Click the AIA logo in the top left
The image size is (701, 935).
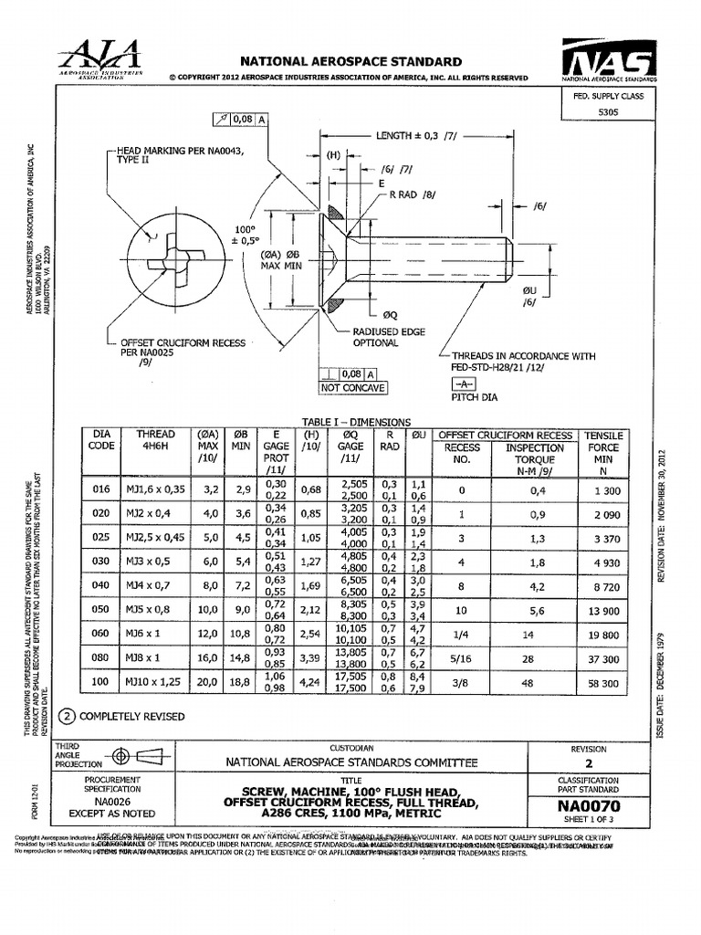[x=100, y=58]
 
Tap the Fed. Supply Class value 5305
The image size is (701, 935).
[x=607, y=111]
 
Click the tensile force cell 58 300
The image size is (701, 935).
[x=602, y=683]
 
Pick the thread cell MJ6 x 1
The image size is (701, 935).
[x=148, y=635]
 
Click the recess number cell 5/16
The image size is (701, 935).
[x=461, y=658]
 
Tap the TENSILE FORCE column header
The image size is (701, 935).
[x=602, y=447]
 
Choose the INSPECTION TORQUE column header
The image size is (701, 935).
[x=534, y=454]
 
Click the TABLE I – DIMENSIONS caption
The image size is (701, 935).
[x=356, y=421]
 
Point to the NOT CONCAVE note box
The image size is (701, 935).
[x=352, y=388]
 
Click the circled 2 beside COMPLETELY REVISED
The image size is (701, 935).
[x=66, y=716]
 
